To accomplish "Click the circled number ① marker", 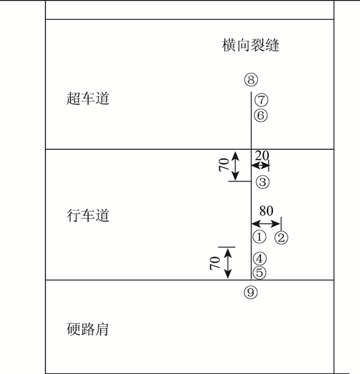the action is (x=259, y=237).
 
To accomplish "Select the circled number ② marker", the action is (x=281, y=237).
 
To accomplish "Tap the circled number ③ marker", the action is (x=262, y=182).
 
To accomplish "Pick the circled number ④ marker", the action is (x=260, y=259).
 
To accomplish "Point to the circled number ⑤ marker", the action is (x=260, y=273).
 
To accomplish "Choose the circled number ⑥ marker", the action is (x=261, y=115).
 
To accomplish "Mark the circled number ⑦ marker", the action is (x=261, y=99).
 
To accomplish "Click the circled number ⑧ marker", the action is (x=251, y=80).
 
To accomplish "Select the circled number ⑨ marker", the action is (x=250, y=292).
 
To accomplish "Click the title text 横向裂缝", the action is (x=251, y=45).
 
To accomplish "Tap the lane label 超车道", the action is (x=88, y=98).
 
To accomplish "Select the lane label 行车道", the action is (x=88, y=215).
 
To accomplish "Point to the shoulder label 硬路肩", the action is (x=88, y=329).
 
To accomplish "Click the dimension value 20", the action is (x=262, y=155).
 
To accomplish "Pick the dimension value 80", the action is (x=266, y=211).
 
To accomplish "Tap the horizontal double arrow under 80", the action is (x=266, y=223).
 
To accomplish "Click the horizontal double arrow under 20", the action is (x=260, y=165).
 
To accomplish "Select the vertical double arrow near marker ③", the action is (x=236, y=166).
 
